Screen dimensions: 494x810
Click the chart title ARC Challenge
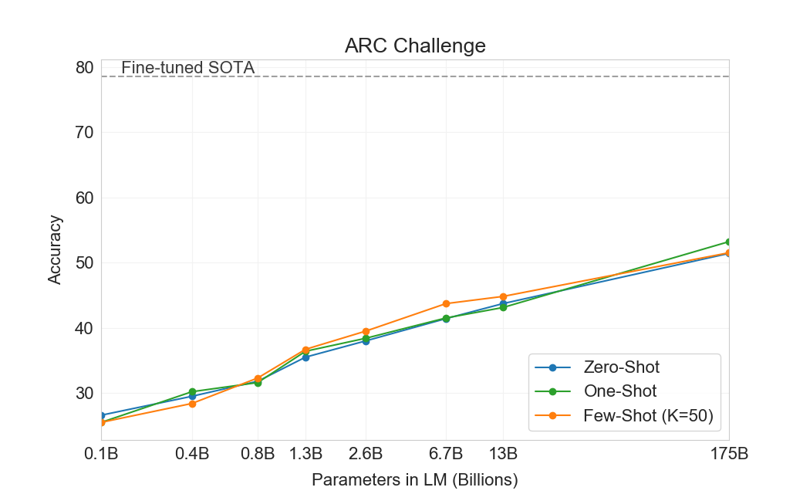click(415, 46)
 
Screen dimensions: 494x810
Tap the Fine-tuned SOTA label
click(187, 68)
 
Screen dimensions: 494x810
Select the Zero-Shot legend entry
click(622, 367)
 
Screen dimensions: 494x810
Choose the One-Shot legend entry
click(620, 392)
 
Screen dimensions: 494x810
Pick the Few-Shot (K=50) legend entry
click(648, 417)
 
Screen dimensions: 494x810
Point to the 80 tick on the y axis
click(85, 67)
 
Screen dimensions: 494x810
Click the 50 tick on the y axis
click(85, 263)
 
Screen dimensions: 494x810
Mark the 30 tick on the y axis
click(85, 394)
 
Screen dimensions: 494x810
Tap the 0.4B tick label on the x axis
click(192, 453)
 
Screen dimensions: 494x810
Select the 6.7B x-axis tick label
click(446, 453)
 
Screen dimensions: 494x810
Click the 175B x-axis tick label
click(728, 453)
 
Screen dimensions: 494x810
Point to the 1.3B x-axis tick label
click(306, 453)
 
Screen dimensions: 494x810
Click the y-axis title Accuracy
click(55, 250)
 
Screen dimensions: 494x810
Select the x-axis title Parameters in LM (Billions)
click(415, 479)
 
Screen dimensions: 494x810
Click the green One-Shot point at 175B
click(728, 242)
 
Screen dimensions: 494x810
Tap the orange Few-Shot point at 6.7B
click(446, 303)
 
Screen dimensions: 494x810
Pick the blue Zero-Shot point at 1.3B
click(306, 357)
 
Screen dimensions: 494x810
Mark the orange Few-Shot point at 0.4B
click(192, 404)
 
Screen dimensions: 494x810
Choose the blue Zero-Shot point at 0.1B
click(102, 415)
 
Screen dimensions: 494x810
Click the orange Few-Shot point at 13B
click(503, 296)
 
